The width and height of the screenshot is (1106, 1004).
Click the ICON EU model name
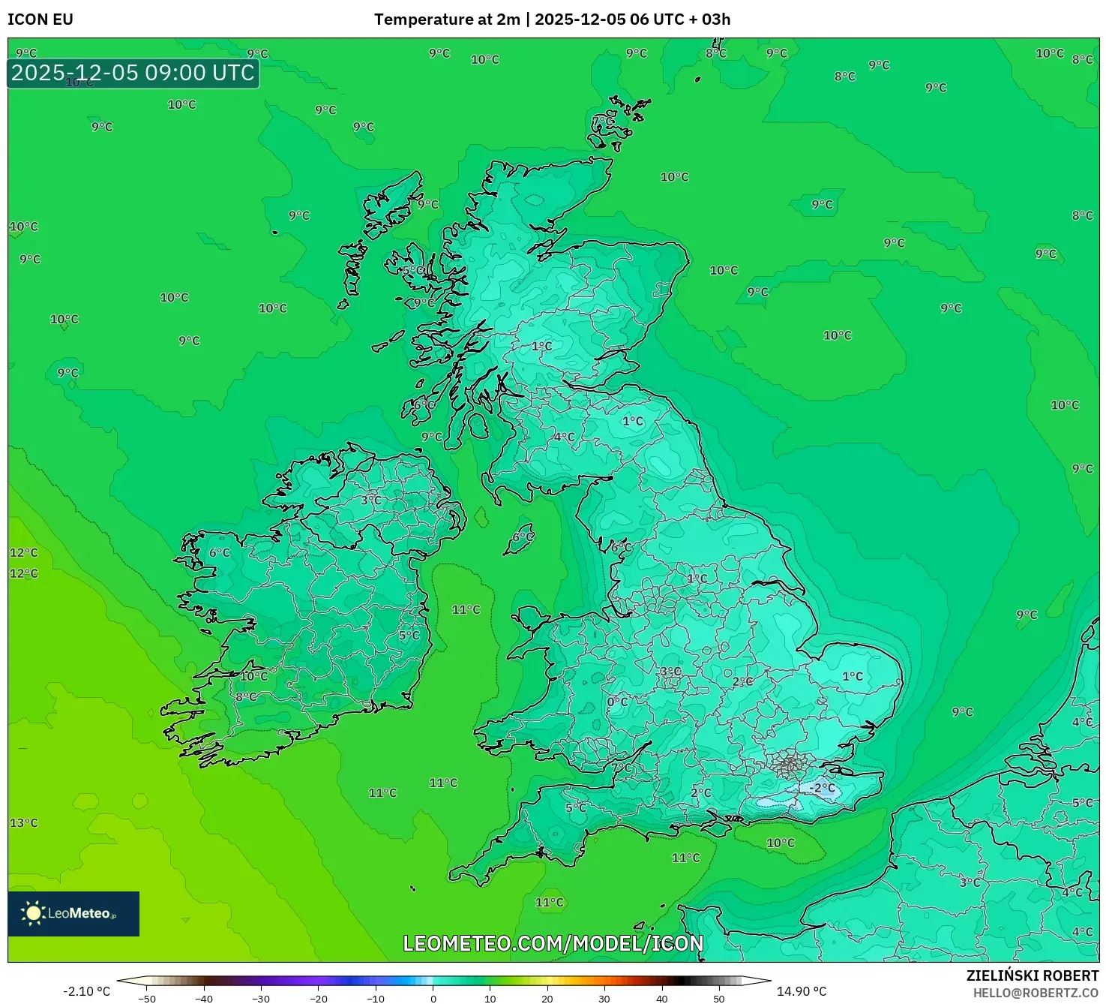tap(40, 20)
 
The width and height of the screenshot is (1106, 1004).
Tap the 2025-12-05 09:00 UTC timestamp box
tap(133, 73)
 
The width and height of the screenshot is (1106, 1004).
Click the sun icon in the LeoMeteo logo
tap(33, 912)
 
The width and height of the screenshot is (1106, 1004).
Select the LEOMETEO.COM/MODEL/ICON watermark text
tap(553, 943)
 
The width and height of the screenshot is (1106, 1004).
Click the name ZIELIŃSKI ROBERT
tap(1032, 975)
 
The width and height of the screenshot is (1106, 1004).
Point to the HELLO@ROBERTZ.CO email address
tap(1036, 993)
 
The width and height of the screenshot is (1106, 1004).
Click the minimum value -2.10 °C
tap(86, 991)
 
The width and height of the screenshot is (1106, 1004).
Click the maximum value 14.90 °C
tap(802, 991)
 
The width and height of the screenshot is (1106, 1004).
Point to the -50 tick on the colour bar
tap(147, 999)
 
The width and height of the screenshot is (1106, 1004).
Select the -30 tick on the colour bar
tap(261, 999)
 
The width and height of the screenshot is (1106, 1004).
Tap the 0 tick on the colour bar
tap(433, 999)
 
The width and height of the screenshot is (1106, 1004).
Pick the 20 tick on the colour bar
tap(547, 999)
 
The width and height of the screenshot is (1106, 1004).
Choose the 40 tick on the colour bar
tap(661, 999)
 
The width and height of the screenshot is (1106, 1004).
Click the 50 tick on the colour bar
tap(719, 999)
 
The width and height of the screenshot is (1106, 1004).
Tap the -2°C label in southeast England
tap(822, 788)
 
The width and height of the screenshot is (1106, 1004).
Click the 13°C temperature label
tap(23, 822)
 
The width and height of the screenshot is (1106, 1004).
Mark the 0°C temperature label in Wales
tap(617, 702)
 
